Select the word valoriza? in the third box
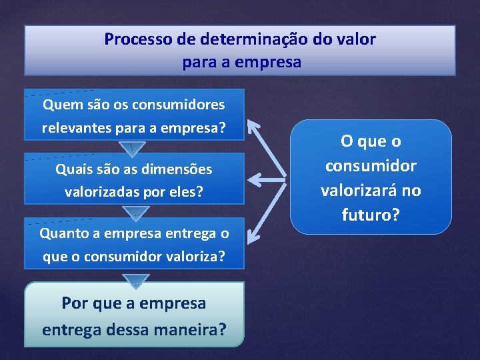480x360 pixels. [x=197, y=255]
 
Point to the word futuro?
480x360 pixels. [x=371, y=215]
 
